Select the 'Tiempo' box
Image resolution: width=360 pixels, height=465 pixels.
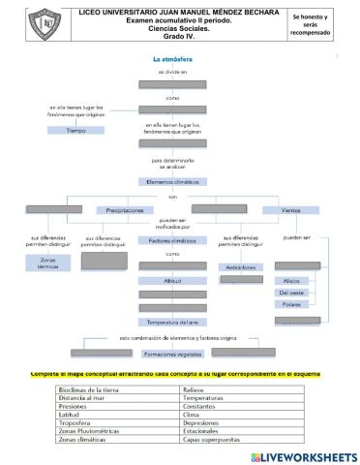pos(75,130)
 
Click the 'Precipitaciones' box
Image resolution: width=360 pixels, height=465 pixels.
pos(125,209)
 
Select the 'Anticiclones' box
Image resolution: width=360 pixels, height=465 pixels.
pos(241,266)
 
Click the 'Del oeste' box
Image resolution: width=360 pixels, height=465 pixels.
pos(291,292)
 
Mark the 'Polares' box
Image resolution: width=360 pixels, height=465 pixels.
pos(291,304)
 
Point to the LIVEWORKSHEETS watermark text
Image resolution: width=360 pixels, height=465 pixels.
pos(297,455)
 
